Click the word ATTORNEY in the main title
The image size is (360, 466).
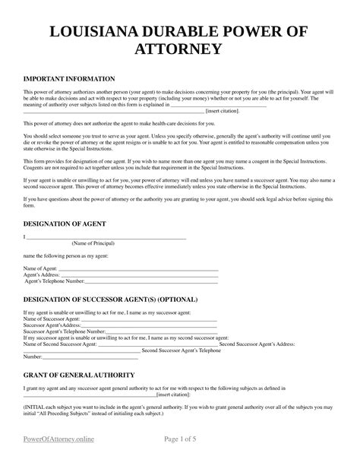tap(180, 50)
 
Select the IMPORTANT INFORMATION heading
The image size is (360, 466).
tap(69, 78)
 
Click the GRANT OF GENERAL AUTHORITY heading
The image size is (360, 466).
tap(79, 375)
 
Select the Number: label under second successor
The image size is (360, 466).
tap(33, 355)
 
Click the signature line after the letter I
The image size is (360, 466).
tap(106, 238)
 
